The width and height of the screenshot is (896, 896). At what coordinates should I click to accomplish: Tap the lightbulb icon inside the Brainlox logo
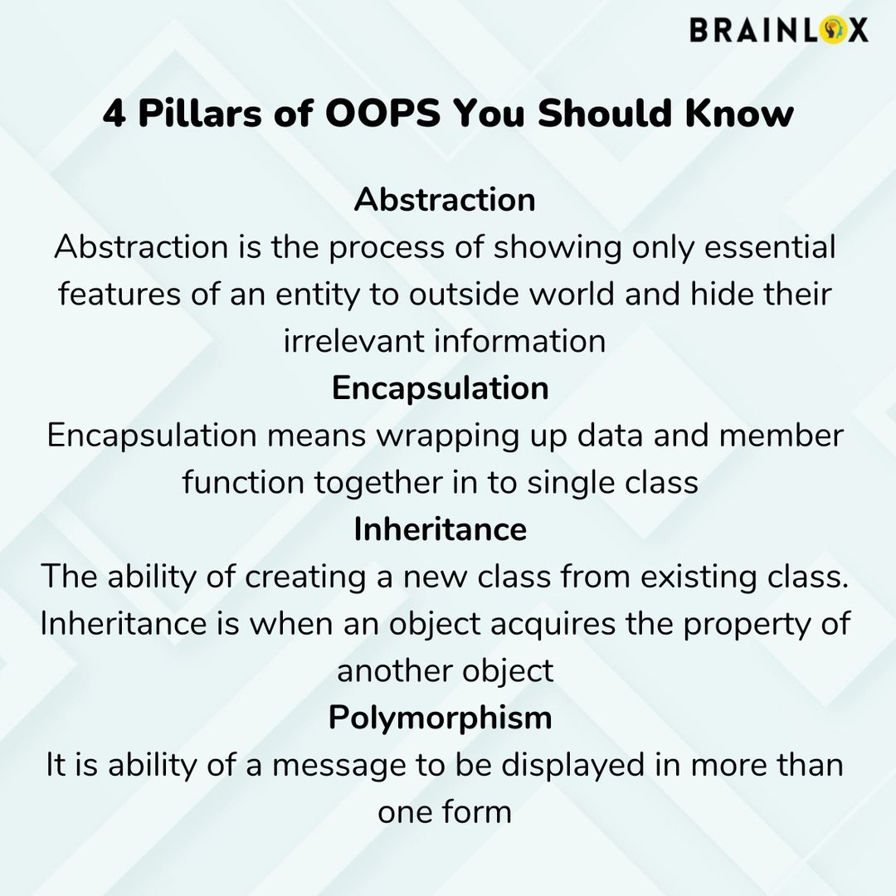click(x=830, y=30)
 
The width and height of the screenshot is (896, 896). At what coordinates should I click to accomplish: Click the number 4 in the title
click(x=114, y=114)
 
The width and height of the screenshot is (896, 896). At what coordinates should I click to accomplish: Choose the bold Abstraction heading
click(x=445, y=200)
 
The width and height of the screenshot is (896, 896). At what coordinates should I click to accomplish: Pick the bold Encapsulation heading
click(x=440, y=388)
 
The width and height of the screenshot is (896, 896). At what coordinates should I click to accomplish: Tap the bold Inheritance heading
click(x=440, y=529)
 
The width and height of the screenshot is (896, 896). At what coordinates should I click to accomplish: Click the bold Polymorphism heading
click(x=440, y=718)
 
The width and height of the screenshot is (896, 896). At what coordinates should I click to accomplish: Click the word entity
click(x=310, y=295)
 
